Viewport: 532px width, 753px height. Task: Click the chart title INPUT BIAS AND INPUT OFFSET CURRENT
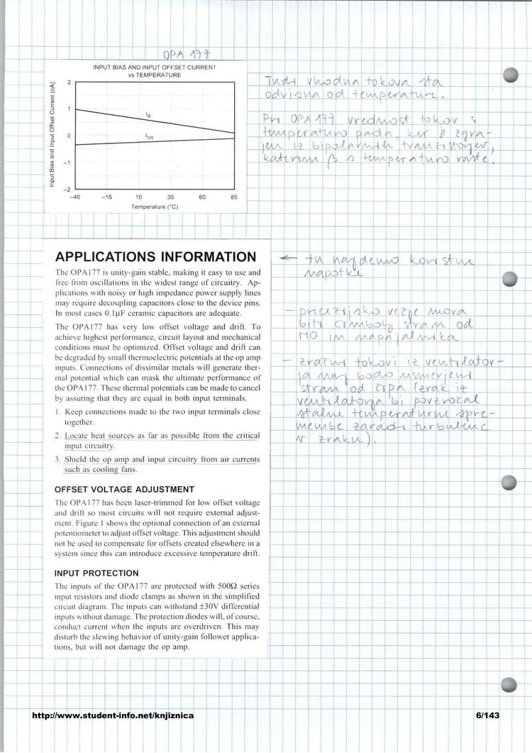pyautogui.click(x=155, y=67)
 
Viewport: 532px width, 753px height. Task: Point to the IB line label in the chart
pyautogui.click(x=148, y=114)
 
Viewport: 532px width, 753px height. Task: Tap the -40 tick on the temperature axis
pyautogui.click(x=74, y=197)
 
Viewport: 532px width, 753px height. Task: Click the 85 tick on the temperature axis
pyautogui.click(x=234, y=197)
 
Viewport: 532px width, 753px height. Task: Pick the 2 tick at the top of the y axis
pyautogui.click(x=69, y=82)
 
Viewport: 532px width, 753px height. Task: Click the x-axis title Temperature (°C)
pyautogui.click(x=154, y=207)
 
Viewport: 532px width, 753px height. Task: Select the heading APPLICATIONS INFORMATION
pyautogui.click(x=155, y=257)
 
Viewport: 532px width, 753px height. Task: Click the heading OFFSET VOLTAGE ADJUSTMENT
pyautogui.click(x=124, y=490)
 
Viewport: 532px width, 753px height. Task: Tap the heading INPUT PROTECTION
pyautogui.click(x=96, y=573)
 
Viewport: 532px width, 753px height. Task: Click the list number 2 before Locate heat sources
pyautogui.click(x=57, y=434)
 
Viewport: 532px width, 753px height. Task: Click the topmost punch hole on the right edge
pyautogui.click(x=509, y=75)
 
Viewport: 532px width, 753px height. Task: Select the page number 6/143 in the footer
pyautogui.click(x=488, y=716)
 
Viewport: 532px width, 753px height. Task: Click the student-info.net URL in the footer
pyautogui.click(x=113, y=716)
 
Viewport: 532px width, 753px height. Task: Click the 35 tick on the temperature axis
pyautogui.click(x=170, y=197)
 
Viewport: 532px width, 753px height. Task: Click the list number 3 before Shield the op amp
pyautogui.click(x=57, y=460)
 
